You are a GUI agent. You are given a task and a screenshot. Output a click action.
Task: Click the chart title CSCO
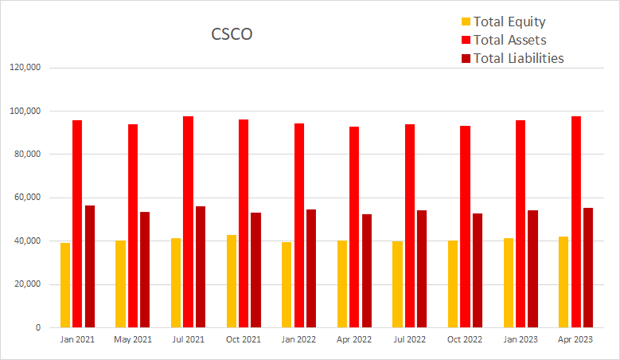tap(231, 34)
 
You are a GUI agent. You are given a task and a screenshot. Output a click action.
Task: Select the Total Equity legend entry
tap(509, 22)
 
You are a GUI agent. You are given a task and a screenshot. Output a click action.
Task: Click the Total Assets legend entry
tap(509, 40)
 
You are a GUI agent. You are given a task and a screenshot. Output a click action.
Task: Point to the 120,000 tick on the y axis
tap(26, 67)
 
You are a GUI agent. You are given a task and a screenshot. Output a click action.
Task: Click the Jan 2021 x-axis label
tap(77, 340)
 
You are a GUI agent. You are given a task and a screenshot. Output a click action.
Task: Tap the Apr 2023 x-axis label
tap(575, 340)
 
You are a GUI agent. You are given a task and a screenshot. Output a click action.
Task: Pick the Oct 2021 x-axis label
tap(243, 340)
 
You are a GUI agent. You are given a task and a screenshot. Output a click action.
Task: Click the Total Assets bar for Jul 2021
tap(188, 222)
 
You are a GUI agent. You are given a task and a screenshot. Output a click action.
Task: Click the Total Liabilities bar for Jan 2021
tap(90, 267)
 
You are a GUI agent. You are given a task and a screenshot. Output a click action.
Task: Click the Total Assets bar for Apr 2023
tap(576, 222)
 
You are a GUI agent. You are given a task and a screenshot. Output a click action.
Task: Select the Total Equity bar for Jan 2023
tap(509, 283)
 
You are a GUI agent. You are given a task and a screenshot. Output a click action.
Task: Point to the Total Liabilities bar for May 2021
tap(145, 270)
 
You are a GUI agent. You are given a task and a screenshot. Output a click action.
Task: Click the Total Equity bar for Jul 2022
tap(397, 284)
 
